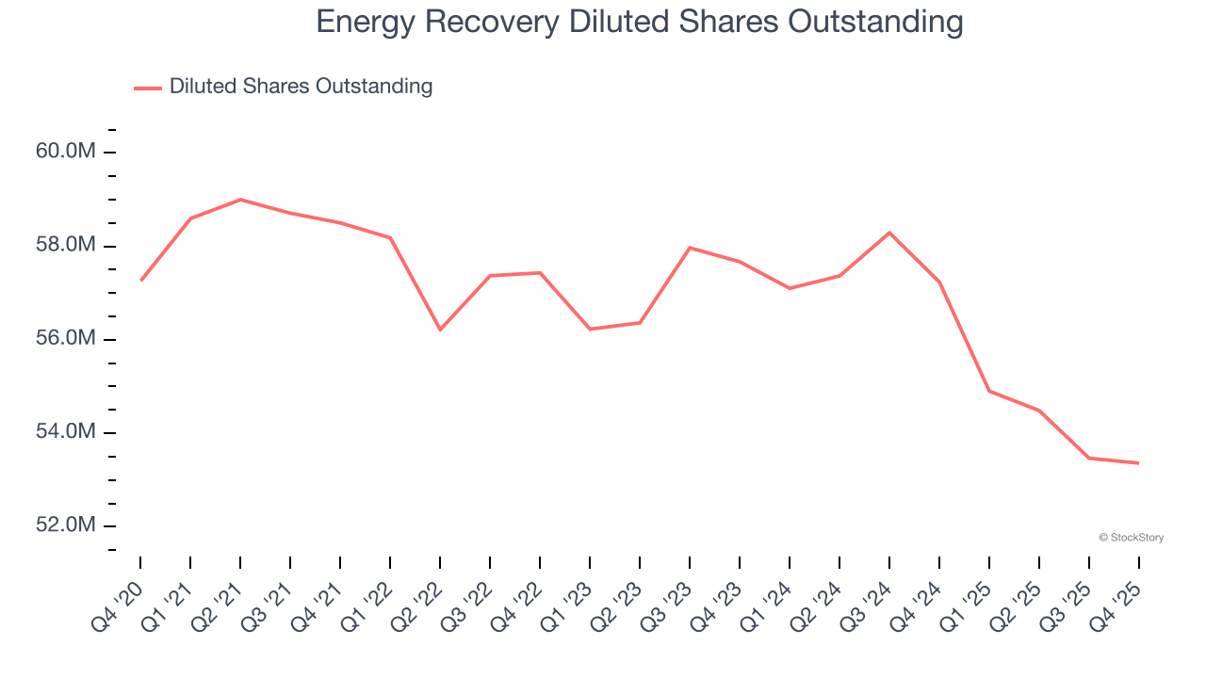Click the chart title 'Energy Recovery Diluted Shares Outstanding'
(640, 21)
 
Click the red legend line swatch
(148, 88)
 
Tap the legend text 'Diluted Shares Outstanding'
(301, 87)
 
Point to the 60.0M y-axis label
(65, 152)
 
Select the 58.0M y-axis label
(65, 246)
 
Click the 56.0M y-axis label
(65, 339)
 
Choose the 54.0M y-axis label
(65, 432)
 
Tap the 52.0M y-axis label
(65, 525)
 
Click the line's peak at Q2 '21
(240, 200)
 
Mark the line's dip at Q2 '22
(440, 330)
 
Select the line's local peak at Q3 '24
(889, 233)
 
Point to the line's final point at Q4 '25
(1139, 463)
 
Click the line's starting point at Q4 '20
(140, 281)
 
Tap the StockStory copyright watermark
(1131, 538)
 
